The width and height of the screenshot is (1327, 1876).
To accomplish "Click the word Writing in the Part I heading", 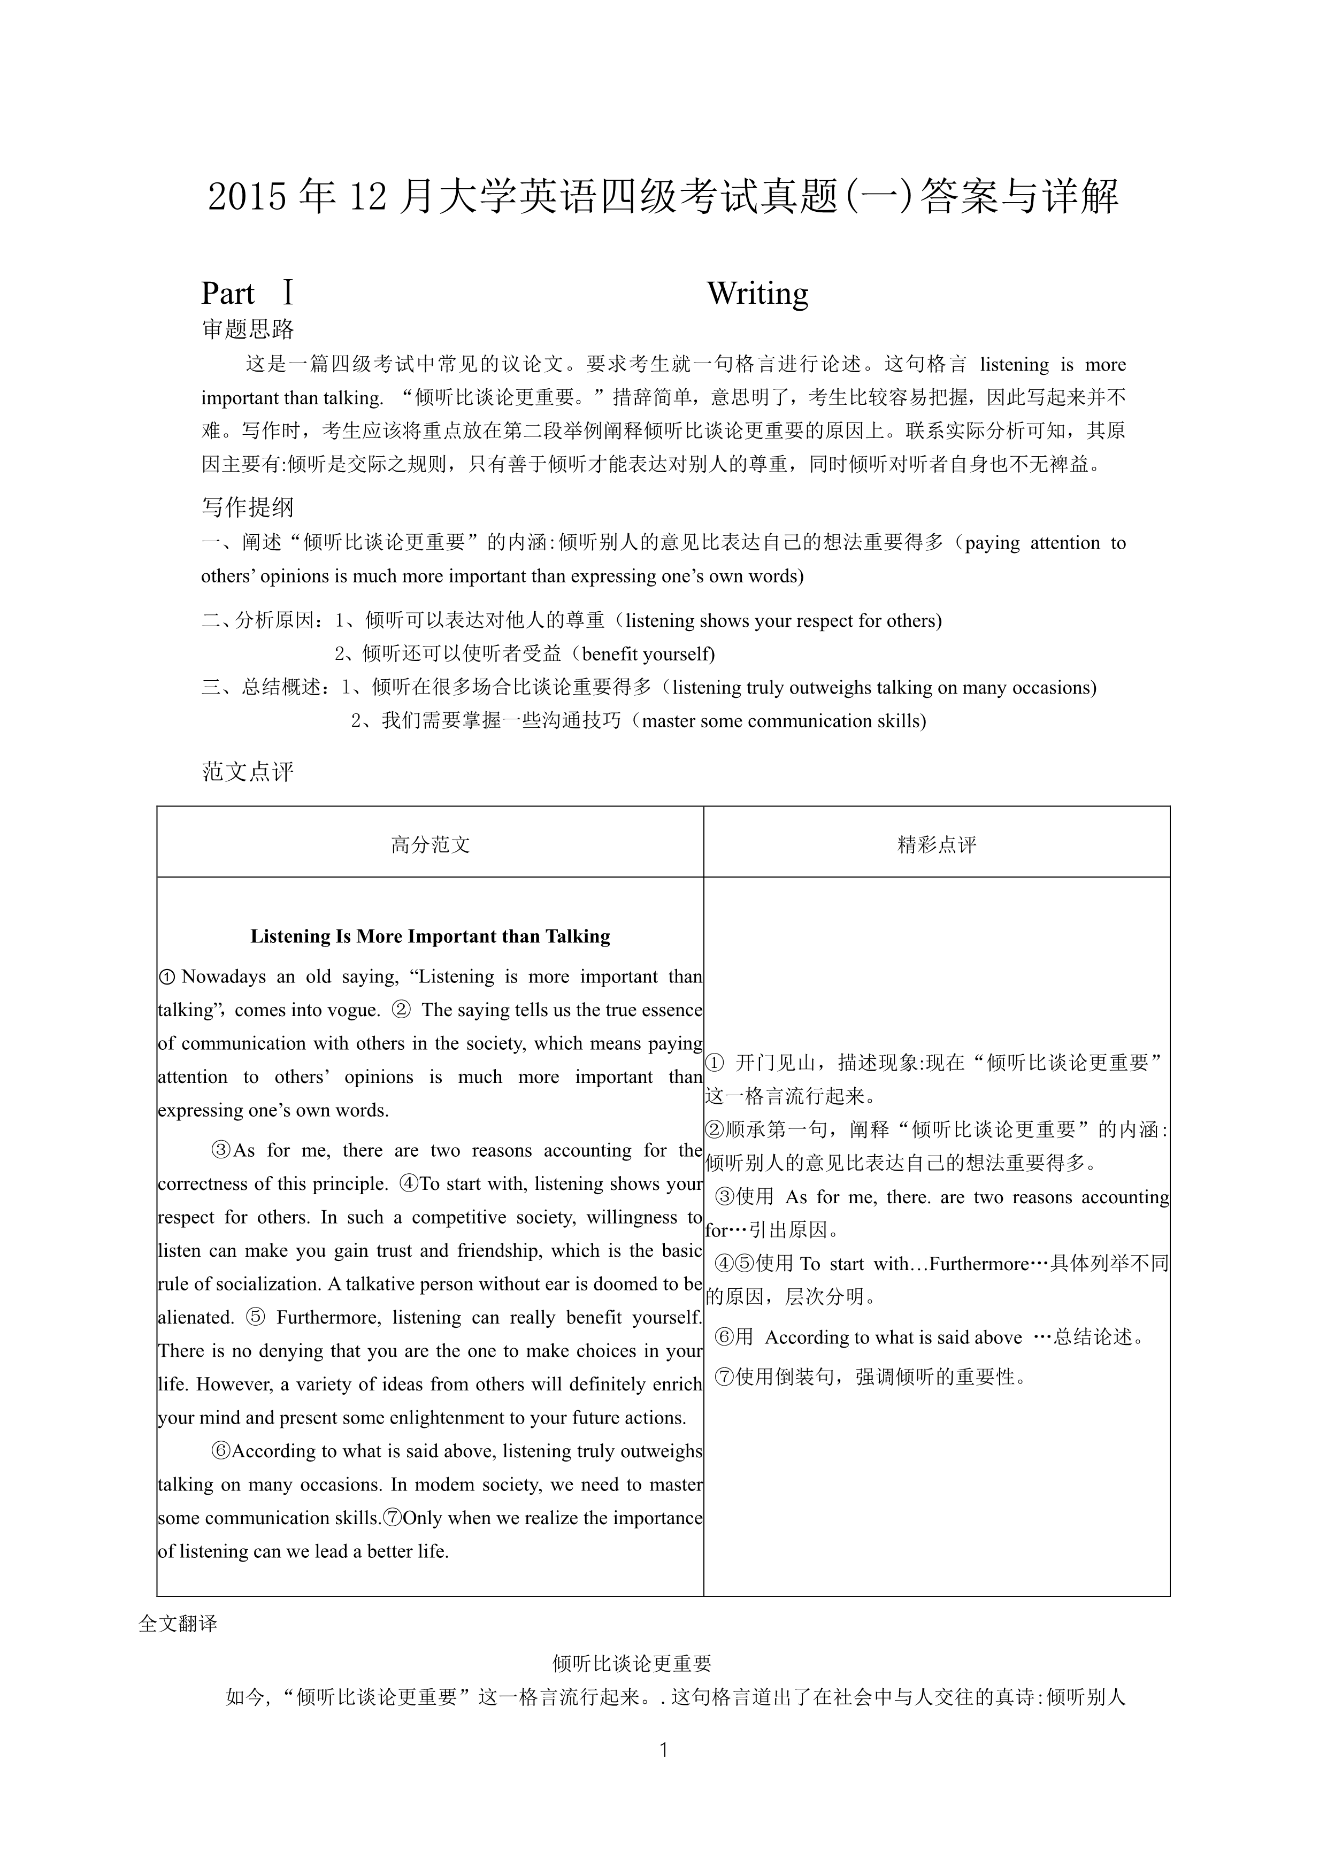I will [757, 294].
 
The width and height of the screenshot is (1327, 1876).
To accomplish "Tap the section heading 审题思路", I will [248, 329].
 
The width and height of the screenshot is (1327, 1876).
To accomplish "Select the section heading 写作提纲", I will [248, 508].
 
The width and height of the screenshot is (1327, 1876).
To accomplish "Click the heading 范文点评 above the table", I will [248, 771].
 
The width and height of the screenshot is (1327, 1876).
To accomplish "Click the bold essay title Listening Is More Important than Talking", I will [430, 936].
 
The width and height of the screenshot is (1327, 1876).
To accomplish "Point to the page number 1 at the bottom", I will [663, 1749].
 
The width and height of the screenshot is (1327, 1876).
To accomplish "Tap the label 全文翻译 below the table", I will [178, 1624].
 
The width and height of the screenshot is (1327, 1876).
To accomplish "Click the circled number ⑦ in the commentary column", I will [724, 1378].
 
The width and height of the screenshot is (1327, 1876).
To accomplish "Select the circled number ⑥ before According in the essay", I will [220, 1451].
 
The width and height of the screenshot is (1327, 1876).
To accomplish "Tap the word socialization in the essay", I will [250, 1285].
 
